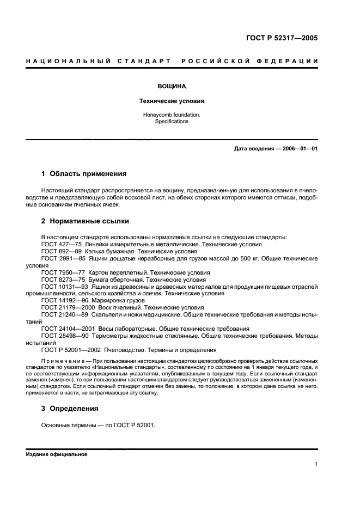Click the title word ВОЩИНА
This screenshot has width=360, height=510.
click(x=172, y=86)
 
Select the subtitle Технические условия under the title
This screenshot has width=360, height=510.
click(x=172, y=101)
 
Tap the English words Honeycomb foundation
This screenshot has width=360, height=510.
click(x=172, y=115)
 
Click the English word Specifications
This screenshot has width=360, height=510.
click(x=172, y=122)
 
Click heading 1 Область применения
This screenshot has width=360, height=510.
click(x=84, y=174)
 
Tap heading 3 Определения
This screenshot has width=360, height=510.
click(x=70, y=408)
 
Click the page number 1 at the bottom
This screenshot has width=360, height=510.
click(x=316, y=464)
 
